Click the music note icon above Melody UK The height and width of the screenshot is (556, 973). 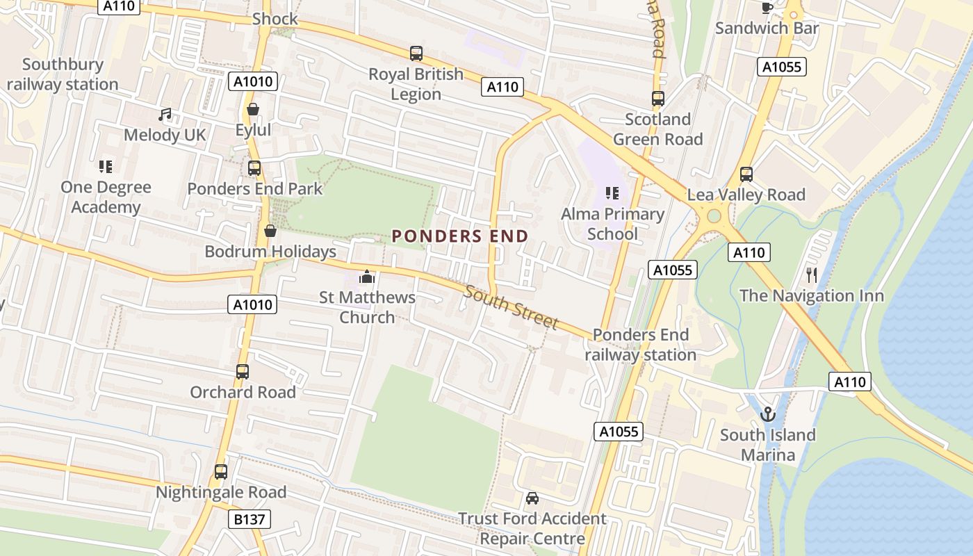pos(165,114)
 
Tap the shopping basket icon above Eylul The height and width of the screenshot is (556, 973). pos(253,109)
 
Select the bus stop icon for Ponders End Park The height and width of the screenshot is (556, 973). pos(254,167)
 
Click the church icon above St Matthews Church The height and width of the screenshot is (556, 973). pos(367,277)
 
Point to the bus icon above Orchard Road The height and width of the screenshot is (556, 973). pos(243,371)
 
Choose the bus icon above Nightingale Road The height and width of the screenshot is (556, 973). pos(221,471)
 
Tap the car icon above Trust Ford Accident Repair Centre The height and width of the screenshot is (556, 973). pos(532,498)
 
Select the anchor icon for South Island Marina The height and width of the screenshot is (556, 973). pos(767,414)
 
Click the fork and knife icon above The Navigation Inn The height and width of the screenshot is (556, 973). pos(811,275)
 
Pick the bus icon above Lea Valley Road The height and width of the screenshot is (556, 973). pos(746,174)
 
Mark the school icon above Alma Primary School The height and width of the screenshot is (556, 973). pos(612,193)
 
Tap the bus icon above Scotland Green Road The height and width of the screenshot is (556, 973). pos(657,98)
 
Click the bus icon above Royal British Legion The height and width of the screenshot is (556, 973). pos(416,53)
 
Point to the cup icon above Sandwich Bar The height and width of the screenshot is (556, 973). pos(767,8)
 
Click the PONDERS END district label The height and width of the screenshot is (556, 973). pos(460,236)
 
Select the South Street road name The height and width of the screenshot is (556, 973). pos(512,307)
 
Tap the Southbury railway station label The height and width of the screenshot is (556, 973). pos(63,74)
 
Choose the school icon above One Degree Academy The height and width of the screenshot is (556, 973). pos(106,166)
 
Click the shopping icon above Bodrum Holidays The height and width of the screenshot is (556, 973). pos(270,231)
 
